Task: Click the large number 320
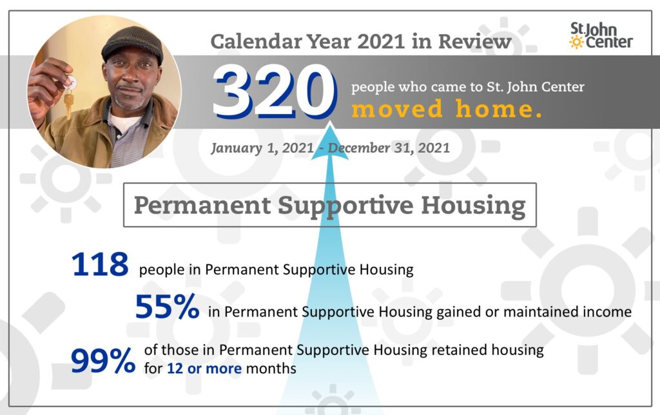point(275,92)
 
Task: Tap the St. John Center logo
point(601,36)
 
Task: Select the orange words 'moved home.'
point(447,109)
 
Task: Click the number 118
point(100,264)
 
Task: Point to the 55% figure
point(167,306)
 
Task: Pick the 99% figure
point(103,361)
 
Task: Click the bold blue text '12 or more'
point(204,369)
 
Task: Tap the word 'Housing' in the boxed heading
point(474,205)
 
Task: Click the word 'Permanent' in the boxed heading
point(202,205)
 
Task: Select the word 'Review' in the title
point(475,41)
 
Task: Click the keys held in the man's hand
point(69,96)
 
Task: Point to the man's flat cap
point(133,43)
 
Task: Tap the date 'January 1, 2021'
point(262,148)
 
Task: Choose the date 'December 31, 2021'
point(389,148)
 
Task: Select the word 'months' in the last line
point(271,369)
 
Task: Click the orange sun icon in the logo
point(576,42)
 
